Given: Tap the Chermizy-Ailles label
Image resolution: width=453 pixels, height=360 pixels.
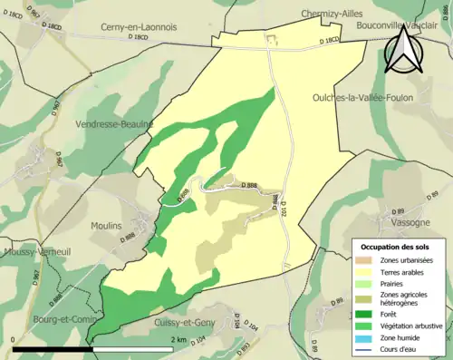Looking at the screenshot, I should tap(336, 13).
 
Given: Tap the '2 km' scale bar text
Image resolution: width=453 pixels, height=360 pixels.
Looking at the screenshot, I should tap(178, 339).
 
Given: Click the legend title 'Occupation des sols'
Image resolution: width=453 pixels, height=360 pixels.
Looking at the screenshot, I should tap(399, 247).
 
